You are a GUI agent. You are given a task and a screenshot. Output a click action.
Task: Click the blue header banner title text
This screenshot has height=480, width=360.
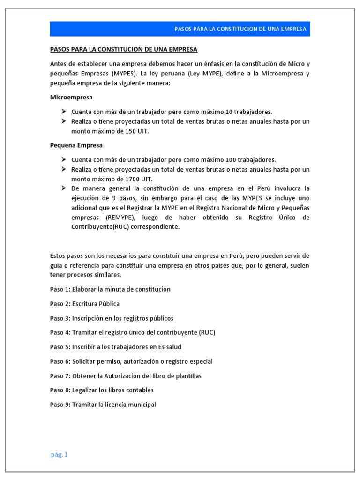[240, 29]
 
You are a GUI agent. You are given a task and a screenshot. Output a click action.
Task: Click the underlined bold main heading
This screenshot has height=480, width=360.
[124, 49]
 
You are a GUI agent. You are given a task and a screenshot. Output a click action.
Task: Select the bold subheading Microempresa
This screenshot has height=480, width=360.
[71, 97]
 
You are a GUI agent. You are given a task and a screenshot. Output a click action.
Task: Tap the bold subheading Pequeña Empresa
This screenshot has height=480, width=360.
[76, 145]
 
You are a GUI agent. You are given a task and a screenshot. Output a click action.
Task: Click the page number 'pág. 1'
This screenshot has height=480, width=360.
[60, 454]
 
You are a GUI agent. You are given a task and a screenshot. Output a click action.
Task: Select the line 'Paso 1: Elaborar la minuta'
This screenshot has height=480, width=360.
[110, 289]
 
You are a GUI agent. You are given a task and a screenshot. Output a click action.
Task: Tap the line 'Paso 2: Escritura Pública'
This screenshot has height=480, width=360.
[85, 304]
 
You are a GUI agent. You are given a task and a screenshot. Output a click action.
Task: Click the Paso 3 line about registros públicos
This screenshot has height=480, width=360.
[112, 318]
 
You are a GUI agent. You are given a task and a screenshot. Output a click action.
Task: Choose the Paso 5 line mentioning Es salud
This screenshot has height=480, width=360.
[115, 347]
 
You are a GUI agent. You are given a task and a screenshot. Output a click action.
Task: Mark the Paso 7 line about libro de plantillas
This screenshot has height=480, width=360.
[126, 376]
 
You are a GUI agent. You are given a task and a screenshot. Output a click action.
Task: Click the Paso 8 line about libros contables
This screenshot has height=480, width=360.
[102, 390]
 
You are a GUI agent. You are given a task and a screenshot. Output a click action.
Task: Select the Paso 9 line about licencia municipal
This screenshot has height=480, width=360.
[103, 405]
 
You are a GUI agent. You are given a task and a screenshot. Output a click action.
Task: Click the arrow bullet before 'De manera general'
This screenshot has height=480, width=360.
[64, 188]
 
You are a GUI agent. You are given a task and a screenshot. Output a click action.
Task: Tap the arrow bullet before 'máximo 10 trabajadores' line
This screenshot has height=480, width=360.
[64, 112]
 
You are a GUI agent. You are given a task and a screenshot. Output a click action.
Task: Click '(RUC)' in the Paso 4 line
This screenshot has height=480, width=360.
[207, 333]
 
